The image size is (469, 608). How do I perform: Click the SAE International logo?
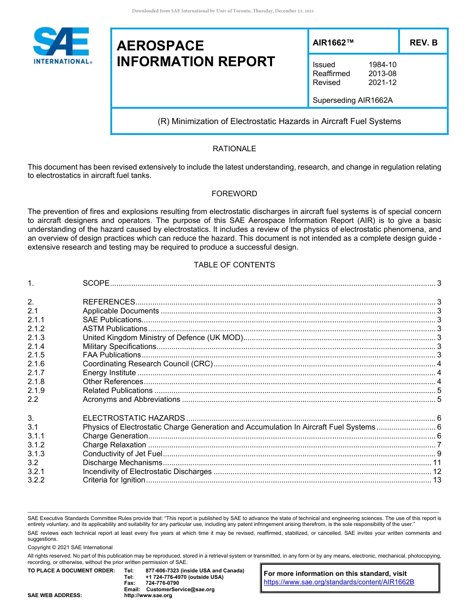point(61,45)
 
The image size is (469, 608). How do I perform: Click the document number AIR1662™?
point(333,43)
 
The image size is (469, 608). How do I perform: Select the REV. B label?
point(423,43)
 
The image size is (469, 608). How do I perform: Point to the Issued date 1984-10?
point(382,65)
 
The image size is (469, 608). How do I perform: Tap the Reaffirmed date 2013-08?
point(382,74)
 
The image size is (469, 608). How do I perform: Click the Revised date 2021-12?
point(382,83)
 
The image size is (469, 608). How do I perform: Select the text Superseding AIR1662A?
point(352,100)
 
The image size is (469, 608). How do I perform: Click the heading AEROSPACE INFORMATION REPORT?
point(195,53)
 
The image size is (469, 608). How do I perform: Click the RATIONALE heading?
point(234,149)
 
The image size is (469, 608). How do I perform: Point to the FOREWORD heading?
point(234,194)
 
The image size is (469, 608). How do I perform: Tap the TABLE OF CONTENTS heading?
point(234,265)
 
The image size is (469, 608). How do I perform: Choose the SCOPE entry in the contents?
point(96,283)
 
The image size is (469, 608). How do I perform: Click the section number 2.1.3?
point(36,338)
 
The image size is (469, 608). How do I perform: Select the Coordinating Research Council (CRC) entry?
point(148,364)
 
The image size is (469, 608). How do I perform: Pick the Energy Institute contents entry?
point(109,373)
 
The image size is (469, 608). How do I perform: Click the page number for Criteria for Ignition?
point(436,480)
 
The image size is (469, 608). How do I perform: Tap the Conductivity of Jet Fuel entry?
point(122,454)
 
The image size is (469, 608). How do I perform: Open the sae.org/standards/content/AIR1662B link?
point(339,582)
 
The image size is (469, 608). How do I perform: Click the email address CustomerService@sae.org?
point(180,589)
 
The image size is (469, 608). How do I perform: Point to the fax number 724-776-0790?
point(159,583)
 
